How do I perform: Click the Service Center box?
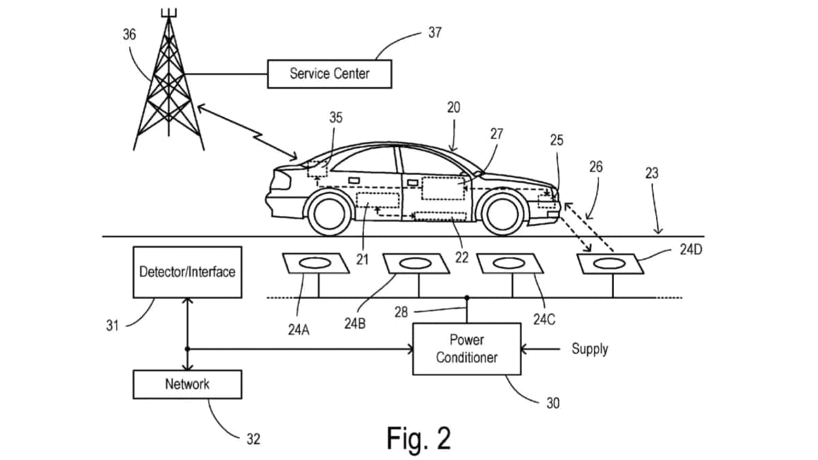[x=329, y=74]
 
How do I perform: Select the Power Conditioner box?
[x=467, y=349]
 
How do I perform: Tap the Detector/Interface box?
[x=187, y=272]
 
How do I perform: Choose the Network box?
[x=187, y=384]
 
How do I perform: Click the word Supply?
[x=590, y=349]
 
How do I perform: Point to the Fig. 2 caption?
[x=419, y=438]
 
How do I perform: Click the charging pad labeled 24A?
[x=316, y=263]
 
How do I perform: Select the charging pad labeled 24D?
[x=611, y=264]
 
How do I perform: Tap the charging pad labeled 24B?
[x=415, y=264]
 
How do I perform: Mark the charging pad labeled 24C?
[x=511, y=264]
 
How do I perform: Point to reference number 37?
[x=434, y=33]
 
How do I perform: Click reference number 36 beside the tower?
[x=129, y=34]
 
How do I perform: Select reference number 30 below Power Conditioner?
[x=553, y=403]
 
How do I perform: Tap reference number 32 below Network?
[x=253, y=440]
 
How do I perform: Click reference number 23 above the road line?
[x=652, y=173]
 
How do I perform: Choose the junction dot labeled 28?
[x=467, y=298]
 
